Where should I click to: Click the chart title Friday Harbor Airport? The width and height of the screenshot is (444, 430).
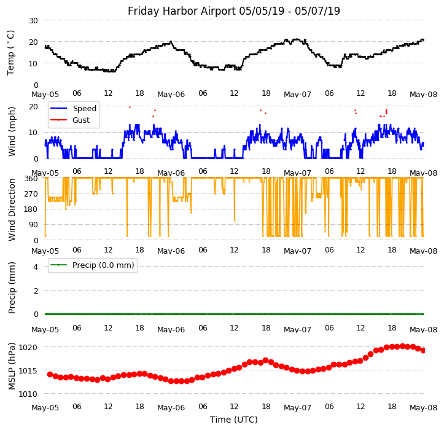pos(233,11)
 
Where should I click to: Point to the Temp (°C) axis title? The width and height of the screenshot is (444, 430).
pos(11,52)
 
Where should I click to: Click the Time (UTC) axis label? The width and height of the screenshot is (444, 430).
pos(233,420)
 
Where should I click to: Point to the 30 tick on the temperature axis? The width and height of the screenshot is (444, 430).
pos(33,20)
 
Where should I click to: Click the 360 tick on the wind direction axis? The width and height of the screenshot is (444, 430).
pos(31,178)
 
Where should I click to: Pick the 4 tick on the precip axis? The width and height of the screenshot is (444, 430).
pos(35,267)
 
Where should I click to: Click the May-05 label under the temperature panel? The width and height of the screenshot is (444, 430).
pos(45,95)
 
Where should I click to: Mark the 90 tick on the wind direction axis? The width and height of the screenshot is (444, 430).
pos(33,225)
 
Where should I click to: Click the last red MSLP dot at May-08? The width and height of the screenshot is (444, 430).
pos(423,350)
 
